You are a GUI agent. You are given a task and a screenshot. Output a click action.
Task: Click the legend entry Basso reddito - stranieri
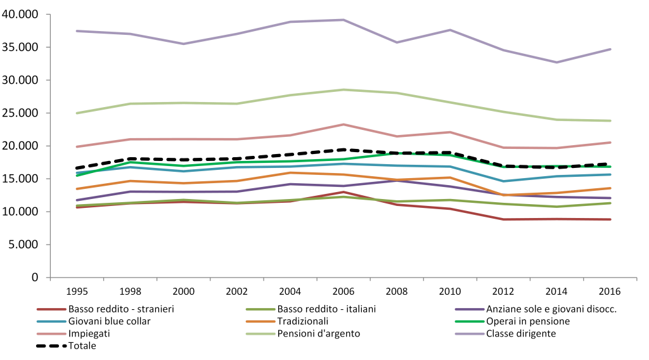[x=121, y=309]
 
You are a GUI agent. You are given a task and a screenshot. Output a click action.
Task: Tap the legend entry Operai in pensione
[x=529, y=321]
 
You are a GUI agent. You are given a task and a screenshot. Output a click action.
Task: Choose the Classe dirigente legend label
[x=522, y=333]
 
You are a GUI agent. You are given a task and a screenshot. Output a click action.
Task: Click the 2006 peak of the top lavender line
[x=344, y=20]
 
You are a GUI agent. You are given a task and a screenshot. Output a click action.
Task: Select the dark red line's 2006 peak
[x=344, y=191]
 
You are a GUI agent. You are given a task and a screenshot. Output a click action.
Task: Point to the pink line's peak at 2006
[x=344, y=124]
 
